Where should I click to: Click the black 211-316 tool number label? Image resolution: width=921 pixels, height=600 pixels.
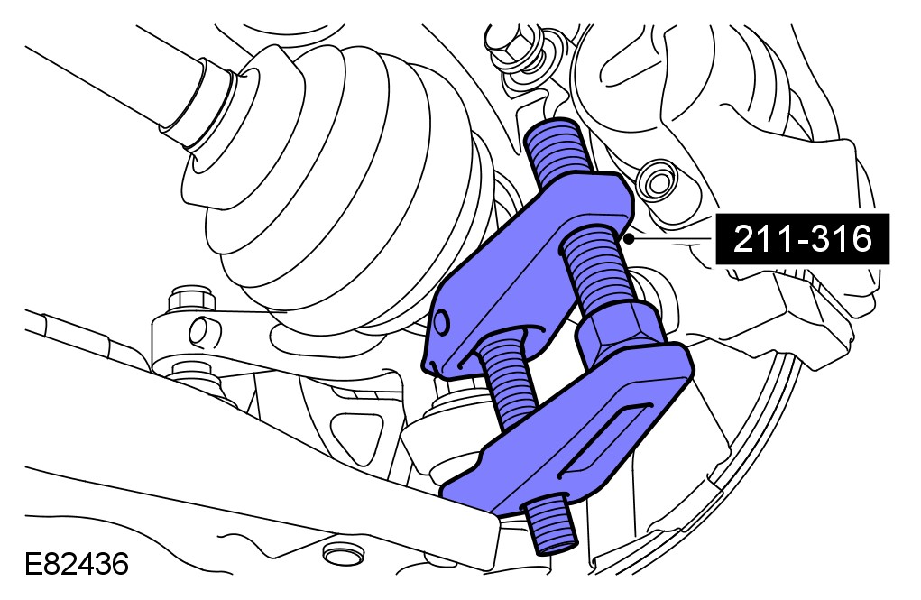pyautogui.click(x=802, y=239)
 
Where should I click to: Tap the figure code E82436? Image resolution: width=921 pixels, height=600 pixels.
pyautogui.click(x=77, y=565)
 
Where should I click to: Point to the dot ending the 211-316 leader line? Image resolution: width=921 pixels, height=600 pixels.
pyautogui.click(x=629, y=239)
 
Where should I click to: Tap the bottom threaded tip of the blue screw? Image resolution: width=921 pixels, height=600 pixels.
pyautogui.click(x=548, y=525)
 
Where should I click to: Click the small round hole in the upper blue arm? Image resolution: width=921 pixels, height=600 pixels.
pyautogui.click(x=441, y=322)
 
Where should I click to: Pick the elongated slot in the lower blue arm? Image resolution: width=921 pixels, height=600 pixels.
pyautogui.click(x=605, y=438)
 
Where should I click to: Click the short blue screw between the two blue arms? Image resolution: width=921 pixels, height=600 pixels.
pyautogui.click(x=506, y=376)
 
